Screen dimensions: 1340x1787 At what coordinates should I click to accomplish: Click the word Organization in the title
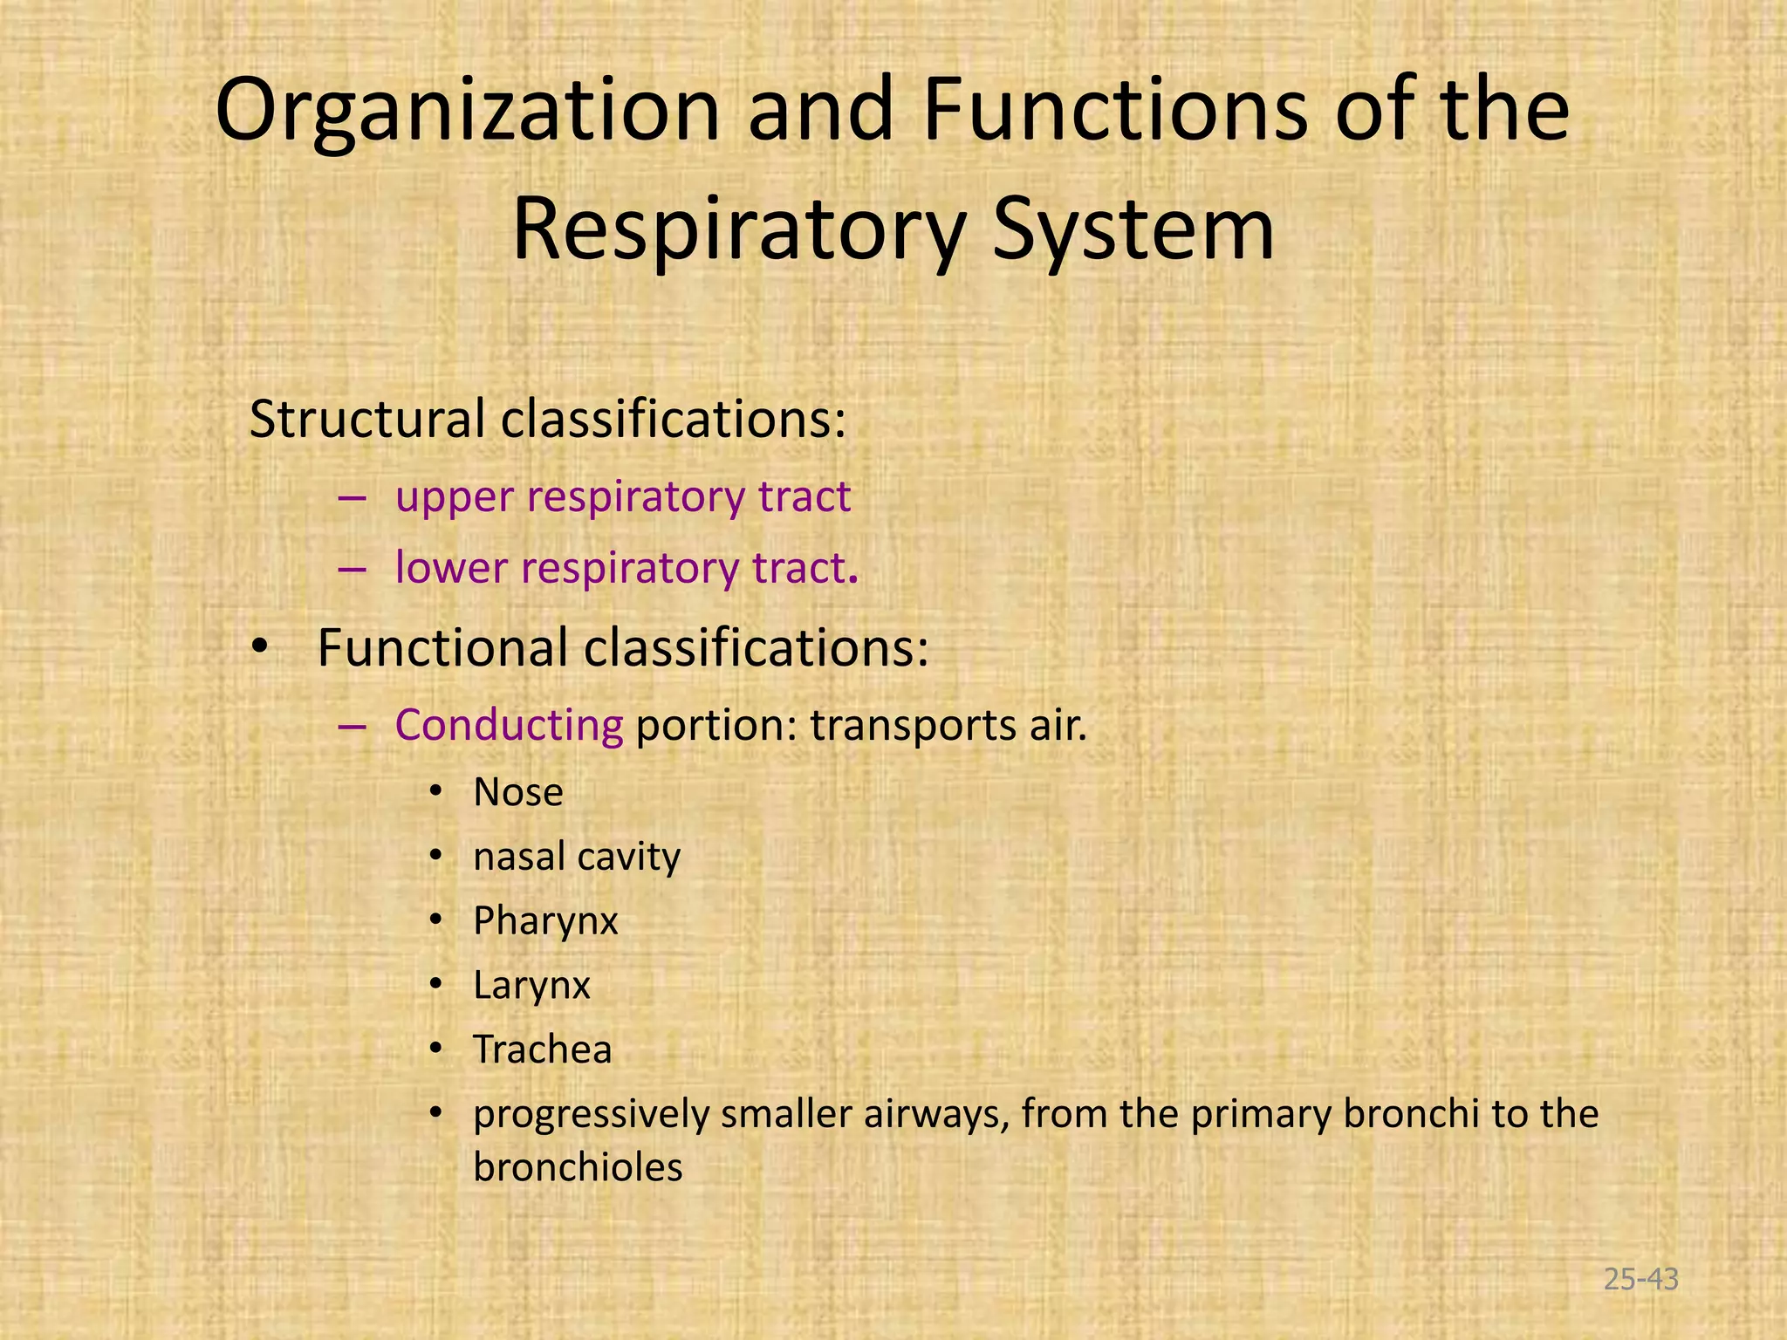467,112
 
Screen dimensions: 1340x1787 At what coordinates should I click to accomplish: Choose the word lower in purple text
450,569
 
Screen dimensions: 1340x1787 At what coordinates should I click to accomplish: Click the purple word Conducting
509,726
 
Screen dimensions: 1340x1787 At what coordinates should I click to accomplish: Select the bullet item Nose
518,793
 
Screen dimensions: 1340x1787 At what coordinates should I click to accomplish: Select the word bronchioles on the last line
578,1168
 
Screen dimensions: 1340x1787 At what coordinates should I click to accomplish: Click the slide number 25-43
1640,1280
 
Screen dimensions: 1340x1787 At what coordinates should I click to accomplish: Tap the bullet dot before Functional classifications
259,648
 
